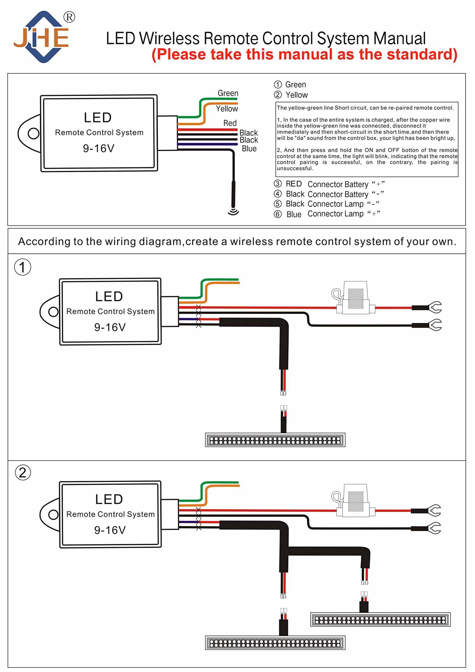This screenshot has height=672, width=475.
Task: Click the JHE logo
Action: [42, 37]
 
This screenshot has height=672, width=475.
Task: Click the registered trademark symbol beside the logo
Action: [69, 17]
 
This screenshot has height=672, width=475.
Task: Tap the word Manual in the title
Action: [399, 39]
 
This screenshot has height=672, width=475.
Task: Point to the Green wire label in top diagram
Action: [228, 93]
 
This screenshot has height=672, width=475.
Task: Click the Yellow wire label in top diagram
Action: [227, 109]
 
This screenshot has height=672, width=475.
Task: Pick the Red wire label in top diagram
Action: [230, 123]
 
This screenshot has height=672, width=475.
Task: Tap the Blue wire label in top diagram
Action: [249, 148]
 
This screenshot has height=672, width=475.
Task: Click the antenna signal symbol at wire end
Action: [233, 211]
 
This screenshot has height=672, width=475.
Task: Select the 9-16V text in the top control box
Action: [99, 148]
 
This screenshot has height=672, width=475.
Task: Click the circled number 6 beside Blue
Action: [277, 214]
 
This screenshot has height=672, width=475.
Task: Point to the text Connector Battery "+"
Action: [346, 184]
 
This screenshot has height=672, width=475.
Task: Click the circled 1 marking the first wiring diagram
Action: [23, 267]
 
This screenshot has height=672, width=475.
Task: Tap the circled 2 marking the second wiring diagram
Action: [23, 472]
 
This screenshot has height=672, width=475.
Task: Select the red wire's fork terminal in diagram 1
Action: [435, 307]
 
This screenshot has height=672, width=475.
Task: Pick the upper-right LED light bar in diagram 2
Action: [380, 620]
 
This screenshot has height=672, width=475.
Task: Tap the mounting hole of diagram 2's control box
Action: [53, 514]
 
